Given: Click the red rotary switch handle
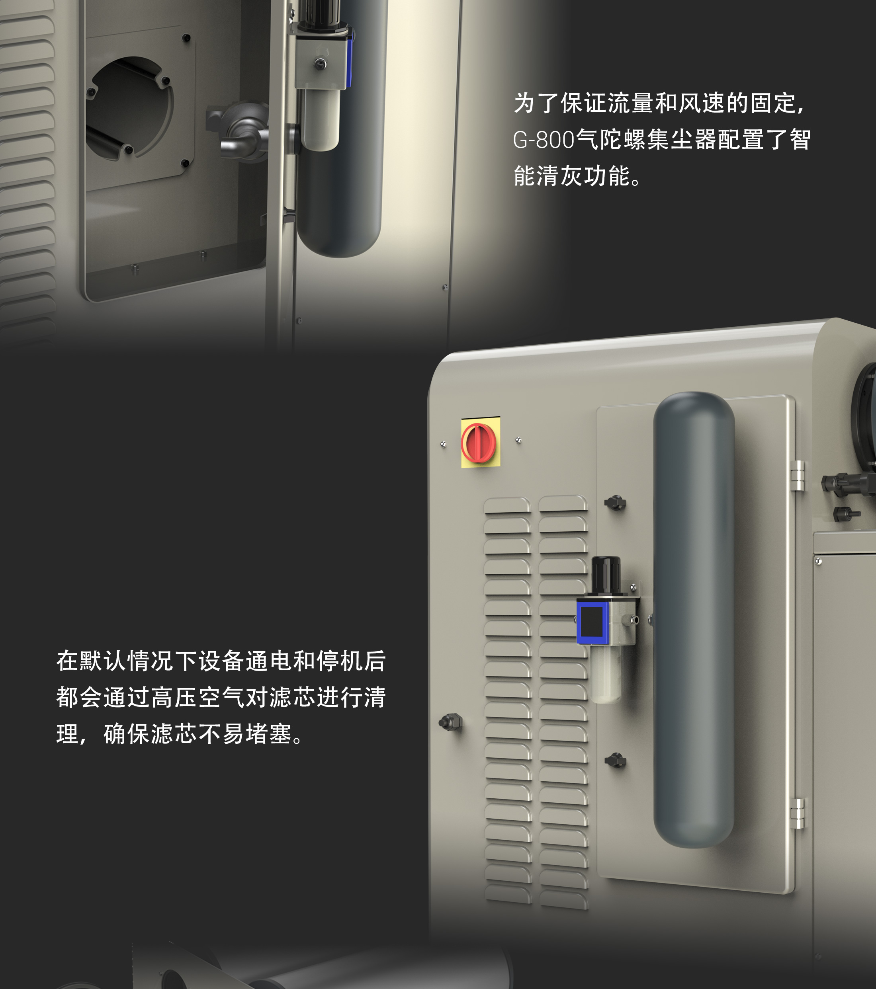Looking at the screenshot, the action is click(479, 443).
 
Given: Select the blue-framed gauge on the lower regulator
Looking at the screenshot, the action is click(592, 622).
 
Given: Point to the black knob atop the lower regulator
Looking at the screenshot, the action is click(606, 575).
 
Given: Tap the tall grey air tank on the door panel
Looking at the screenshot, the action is click(694, 619).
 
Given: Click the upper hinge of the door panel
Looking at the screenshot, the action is click(797, 475).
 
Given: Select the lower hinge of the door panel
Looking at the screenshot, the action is click(797, 813).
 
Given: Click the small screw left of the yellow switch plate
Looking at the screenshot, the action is click(443, 444).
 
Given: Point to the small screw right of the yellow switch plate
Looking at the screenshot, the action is click(518, 440).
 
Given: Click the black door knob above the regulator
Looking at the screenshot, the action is click(615, 503).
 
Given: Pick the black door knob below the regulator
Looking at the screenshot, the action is click(615, 760).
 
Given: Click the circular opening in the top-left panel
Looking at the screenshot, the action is click(129, 107).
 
